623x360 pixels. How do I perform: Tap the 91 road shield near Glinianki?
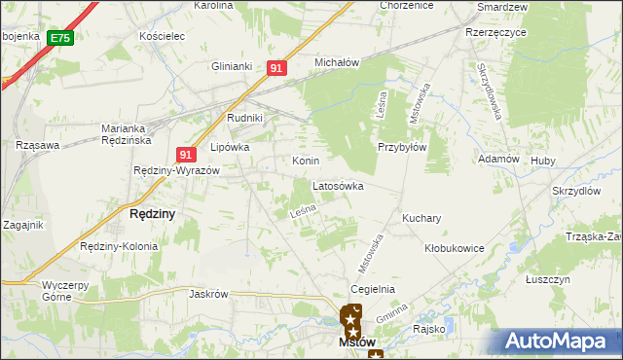click(x=276, y=68)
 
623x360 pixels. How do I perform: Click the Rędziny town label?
click(x=153, y=214)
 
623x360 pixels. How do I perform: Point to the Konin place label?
click(x=306, y=161)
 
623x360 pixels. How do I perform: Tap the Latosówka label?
click(x=338, y=185)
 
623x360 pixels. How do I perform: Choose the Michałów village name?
click(x=337, y=62)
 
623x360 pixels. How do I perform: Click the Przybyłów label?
click(x=402, y=148)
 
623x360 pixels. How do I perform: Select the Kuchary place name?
click(x=421, y=219)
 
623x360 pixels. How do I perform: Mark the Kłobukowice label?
click(x=454, y=248)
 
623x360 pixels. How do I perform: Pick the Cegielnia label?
click(x=373, y=289)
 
